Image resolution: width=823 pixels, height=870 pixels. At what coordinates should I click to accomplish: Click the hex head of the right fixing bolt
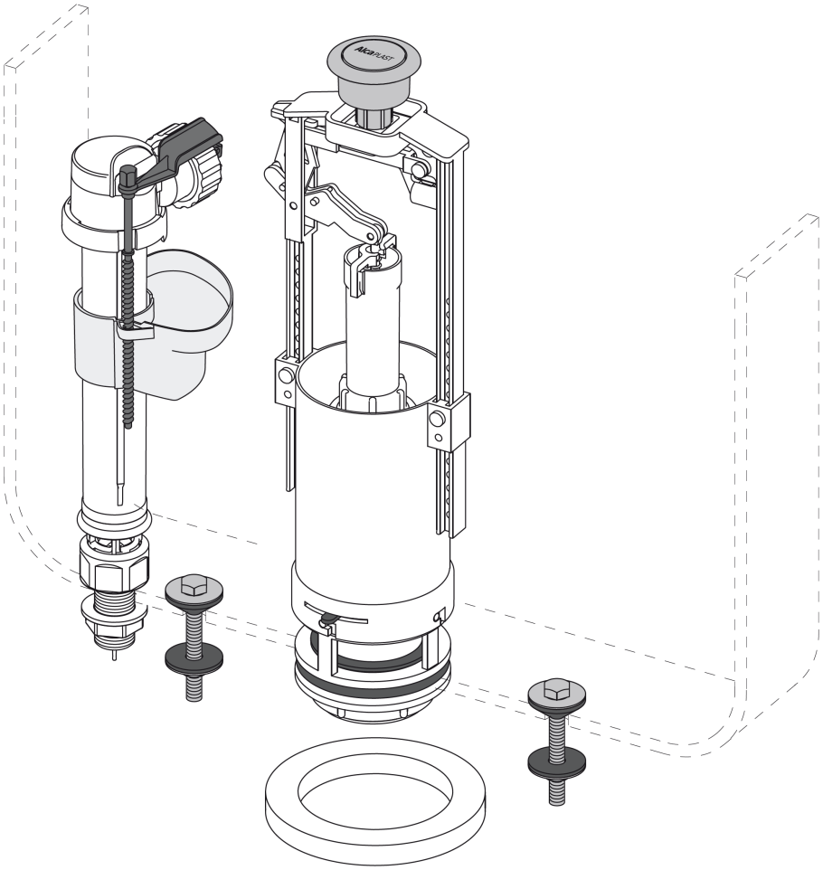click(x=556, y=689)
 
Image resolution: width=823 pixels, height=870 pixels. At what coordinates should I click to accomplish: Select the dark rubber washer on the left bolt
click(x=194, y=657)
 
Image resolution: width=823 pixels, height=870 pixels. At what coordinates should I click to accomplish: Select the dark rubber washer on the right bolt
click(x=556, y=762)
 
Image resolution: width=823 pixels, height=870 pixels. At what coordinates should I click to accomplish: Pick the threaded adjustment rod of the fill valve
click(x=128, y=311)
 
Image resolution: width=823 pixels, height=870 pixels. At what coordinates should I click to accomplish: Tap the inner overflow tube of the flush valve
click(x=373, y=327)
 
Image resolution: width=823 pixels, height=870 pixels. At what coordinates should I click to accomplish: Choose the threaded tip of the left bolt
click(x=194, y=686)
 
